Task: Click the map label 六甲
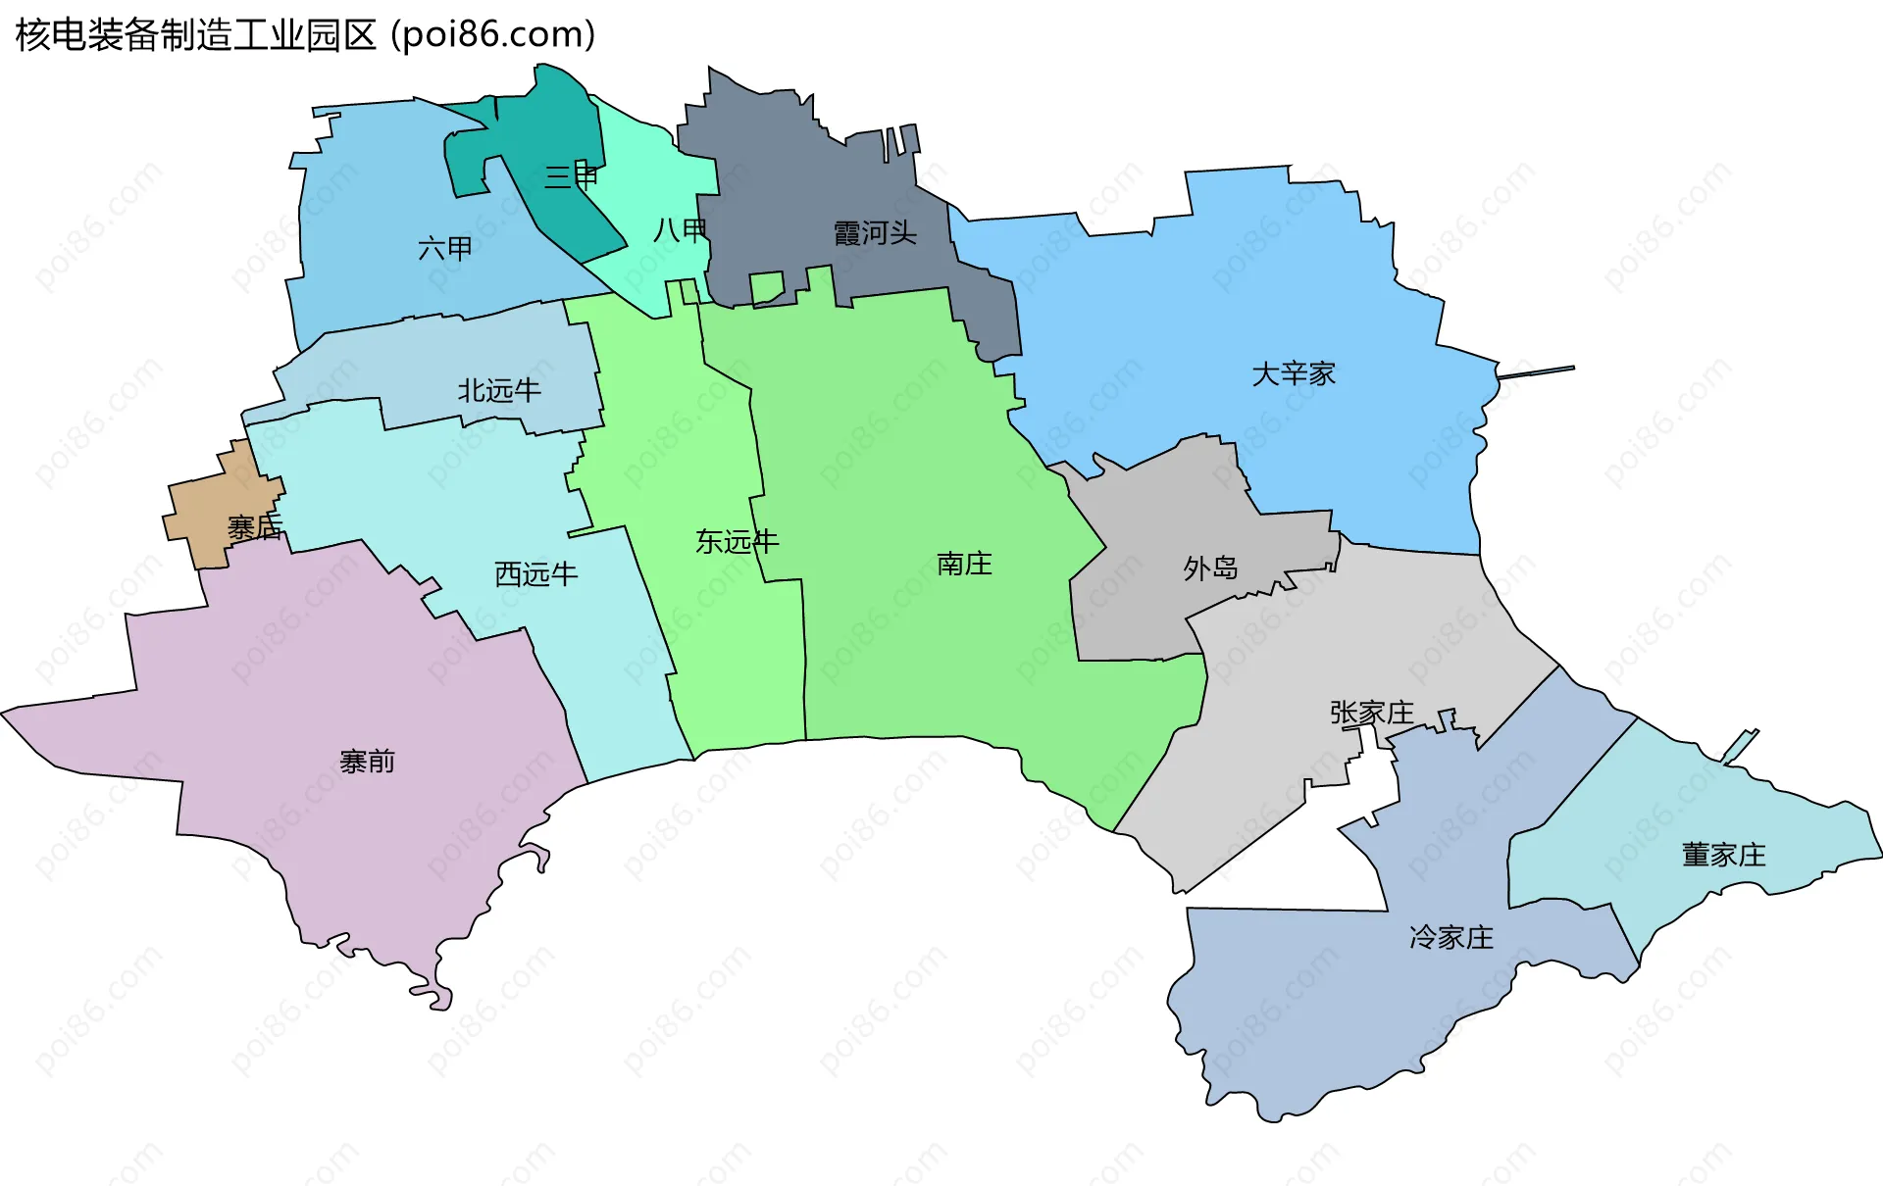445,248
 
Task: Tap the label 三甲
571,176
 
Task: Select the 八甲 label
680,230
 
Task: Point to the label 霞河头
875,233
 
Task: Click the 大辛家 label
1294,373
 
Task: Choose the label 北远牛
499,391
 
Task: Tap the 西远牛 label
535,573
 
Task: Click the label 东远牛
737,541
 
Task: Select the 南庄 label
964,564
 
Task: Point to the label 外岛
1210,568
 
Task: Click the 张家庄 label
1371,713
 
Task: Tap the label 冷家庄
1450,938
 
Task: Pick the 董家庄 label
1723,855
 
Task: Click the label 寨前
367,762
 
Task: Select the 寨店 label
254,528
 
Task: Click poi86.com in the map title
493,35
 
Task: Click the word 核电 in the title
51,35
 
